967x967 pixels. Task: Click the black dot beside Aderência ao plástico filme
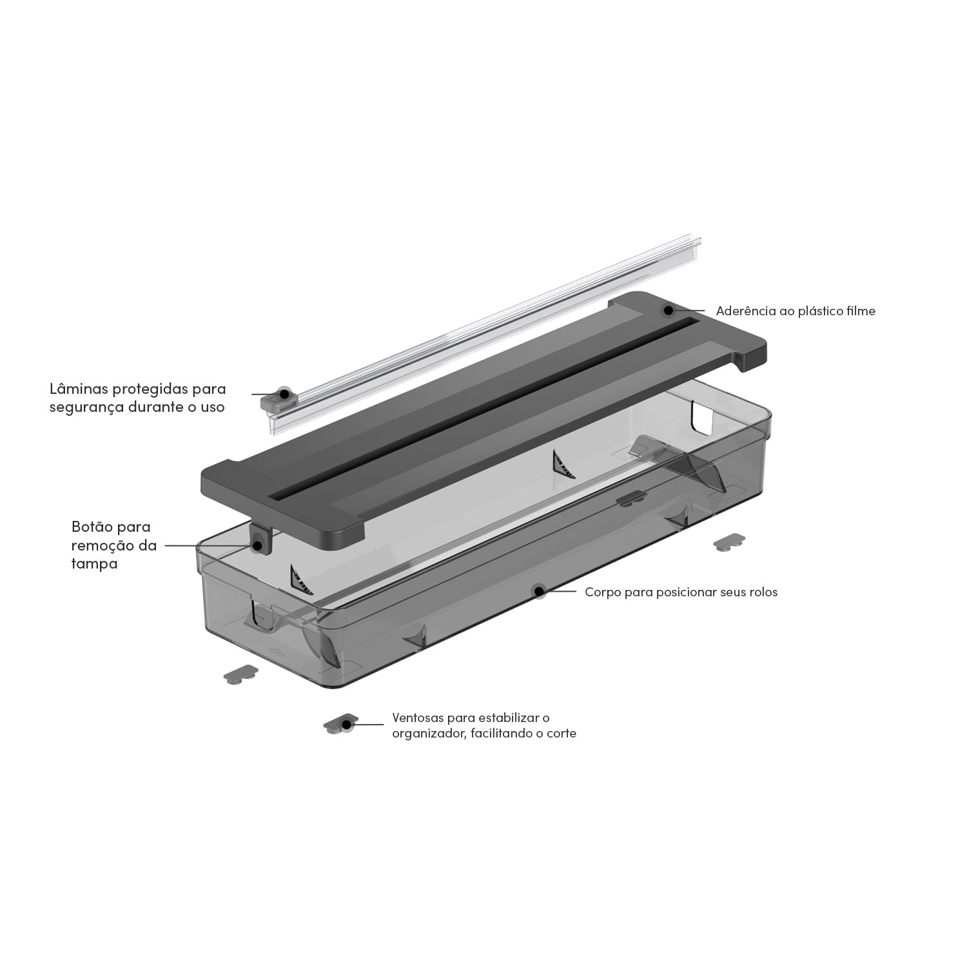point(669,311)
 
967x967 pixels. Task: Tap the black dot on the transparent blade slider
point(282,393)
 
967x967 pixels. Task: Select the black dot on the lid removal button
point(258,545)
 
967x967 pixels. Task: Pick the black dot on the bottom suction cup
point(347,725)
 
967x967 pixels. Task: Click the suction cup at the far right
point(729,542)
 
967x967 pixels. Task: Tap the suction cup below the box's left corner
point(240,675)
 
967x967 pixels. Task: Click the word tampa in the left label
point(94,563)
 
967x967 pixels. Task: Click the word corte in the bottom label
point(561,734)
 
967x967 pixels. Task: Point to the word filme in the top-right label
point(861,311)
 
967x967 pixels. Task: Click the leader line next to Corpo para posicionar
point(560,591)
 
